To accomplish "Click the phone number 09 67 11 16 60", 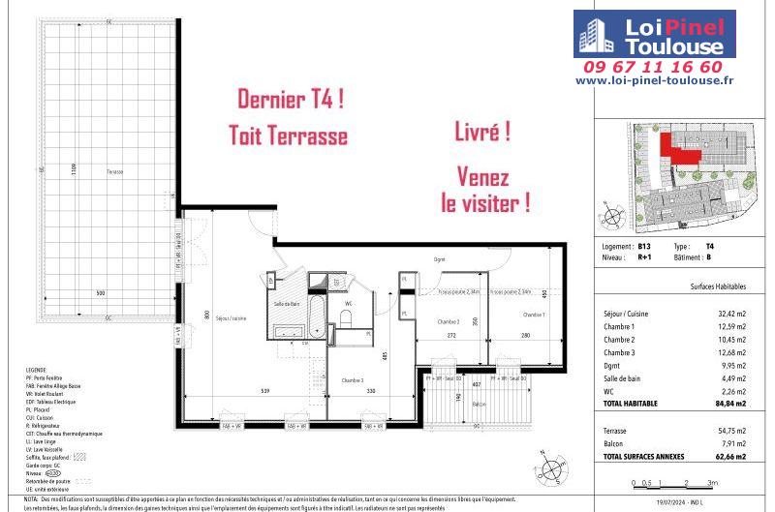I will point(666,67).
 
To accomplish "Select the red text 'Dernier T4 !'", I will point(292,99).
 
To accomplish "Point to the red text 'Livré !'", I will point(482,133).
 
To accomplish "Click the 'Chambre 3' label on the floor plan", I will point(354,381).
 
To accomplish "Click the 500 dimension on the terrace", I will point(100,293).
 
